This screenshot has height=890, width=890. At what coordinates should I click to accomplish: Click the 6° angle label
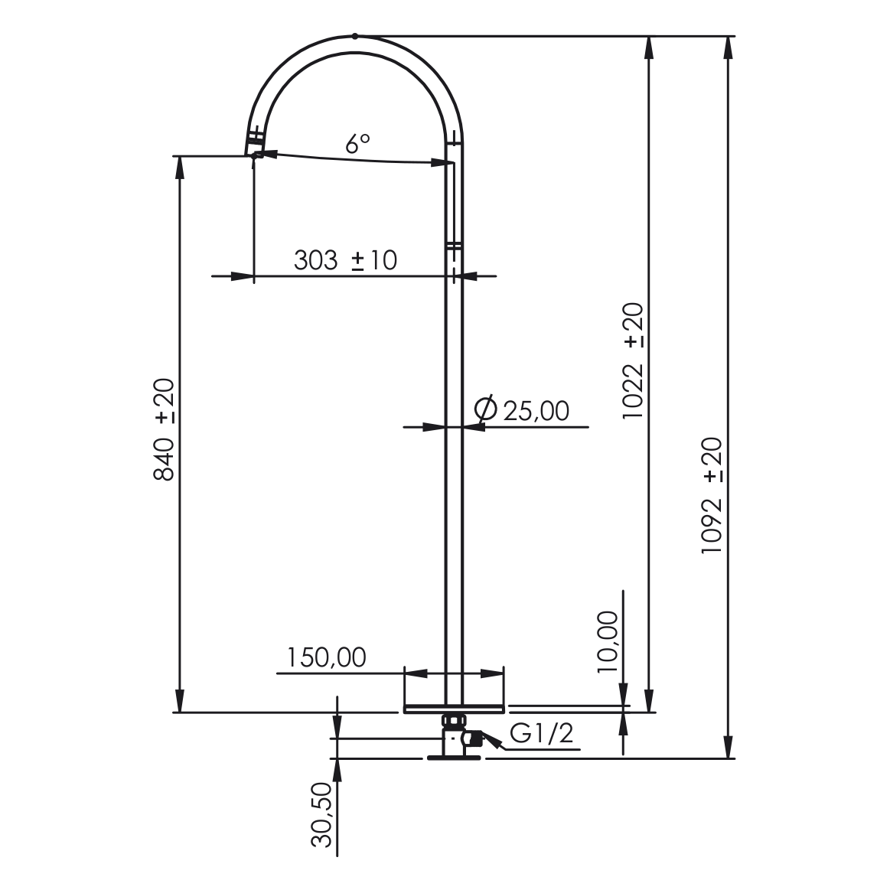pyautogui.click(x=357, y=143)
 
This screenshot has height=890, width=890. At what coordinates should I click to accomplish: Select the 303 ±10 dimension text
pyautogui.click(x=345, y=260)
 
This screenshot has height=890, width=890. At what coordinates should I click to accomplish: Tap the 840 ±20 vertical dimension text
pyautogui.click(x=165, y=429)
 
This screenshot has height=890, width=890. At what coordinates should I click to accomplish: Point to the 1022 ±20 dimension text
pyautogui.click(x=634, y=361)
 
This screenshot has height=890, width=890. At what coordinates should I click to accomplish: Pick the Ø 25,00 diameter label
pyautogui.click(x=522, y=410)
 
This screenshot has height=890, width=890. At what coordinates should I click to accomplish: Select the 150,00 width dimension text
pyautogui.click(x=326, y=657)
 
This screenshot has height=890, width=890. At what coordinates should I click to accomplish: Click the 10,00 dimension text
pyautogui.click(x=608, y=642)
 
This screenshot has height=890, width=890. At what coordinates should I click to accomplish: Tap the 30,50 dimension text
pyautogui.click(x=321, y=815)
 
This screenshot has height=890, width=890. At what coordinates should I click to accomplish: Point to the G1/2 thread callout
pyautogui.click(x=542, y=733)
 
